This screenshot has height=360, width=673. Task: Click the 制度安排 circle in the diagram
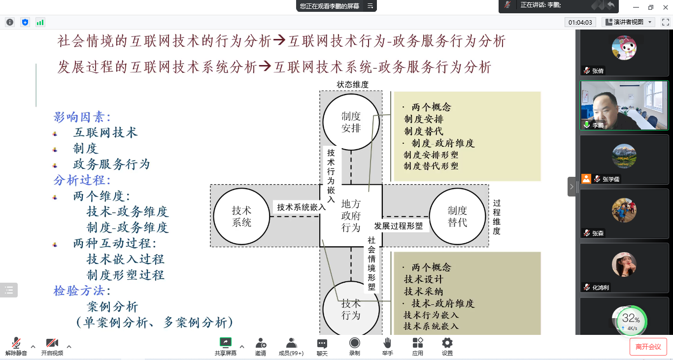point(351,122)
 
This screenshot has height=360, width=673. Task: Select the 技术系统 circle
point(241,216)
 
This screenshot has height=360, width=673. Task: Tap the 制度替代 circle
point(457,216)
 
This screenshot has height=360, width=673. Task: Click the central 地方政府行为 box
point(351,216)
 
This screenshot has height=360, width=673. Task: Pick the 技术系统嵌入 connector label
point(301,207)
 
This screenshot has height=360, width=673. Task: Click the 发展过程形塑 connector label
point(398,226)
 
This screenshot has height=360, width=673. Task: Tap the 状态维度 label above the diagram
point(352,85)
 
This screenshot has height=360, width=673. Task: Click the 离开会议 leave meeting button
point(648,347)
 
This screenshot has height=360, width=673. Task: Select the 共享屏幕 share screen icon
point(225,343)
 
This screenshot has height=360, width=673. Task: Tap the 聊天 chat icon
point(322,343)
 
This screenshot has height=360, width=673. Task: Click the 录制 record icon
point(354,343)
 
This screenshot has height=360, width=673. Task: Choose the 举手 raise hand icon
point(387,343)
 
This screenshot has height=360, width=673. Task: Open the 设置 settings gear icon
point(447,343)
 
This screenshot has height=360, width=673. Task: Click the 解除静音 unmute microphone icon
point(16,343)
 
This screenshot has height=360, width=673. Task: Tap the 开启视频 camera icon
point(52,343)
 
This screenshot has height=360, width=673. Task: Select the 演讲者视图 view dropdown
point(628,22)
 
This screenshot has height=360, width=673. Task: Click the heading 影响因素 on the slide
point(82,117)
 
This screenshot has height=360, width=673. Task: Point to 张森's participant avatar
point(624,210)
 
